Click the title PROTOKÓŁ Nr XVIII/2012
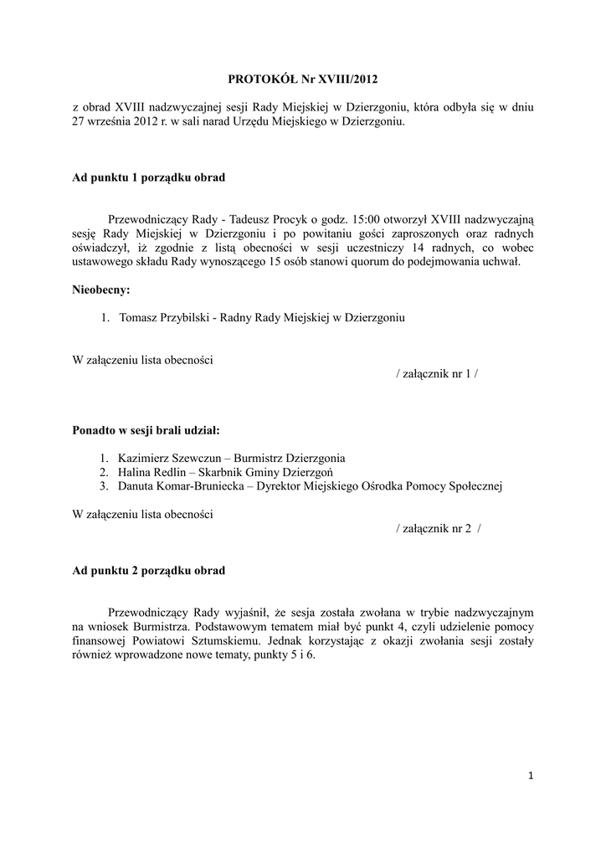click(303, 80)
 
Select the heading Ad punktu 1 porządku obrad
click(148, 178)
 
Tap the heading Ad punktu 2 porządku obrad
click(148, 571)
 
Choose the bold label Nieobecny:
click(101, 290)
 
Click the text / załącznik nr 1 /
click(437, 374)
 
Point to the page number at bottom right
click(531, 776)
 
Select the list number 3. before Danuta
click(104, 486)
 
